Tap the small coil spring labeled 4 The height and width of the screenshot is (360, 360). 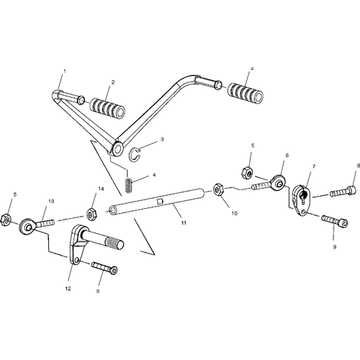point(129,186)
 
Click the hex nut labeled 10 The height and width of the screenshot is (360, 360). point(218,189)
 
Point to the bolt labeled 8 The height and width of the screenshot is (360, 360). point(343,192)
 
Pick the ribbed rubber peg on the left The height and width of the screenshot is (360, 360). point(107,107)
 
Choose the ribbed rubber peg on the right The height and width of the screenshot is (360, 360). point(245,94)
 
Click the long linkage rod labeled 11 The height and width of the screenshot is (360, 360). point(157,201)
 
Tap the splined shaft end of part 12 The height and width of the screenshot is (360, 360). point(114,243)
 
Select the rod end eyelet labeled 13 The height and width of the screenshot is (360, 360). point(36,225)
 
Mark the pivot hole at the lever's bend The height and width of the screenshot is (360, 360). point(118,149)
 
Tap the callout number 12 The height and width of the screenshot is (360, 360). point(68,289)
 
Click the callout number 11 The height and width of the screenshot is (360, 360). point(184,223)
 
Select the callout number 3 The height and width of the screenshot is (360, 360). point(162,139)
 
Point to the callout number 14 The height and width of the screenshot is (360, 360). point(101,189)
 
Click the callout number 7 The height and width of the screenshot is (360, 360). point(314,166)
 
